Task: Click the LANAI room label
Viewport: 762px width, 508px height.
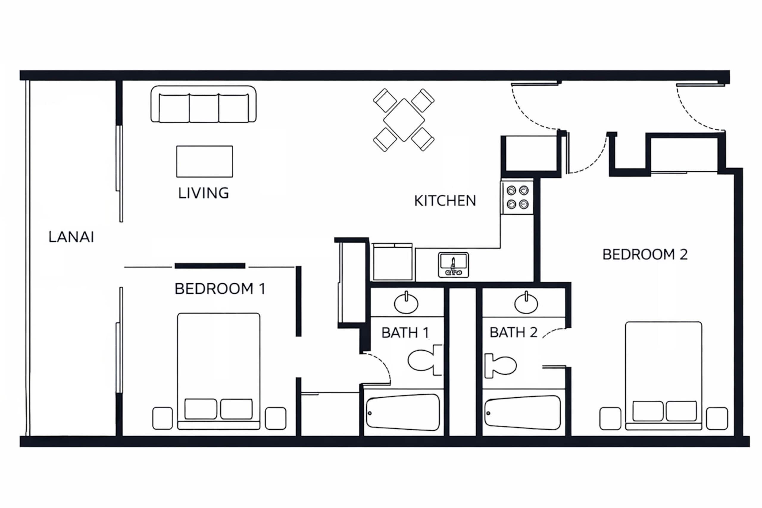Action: [71, 237]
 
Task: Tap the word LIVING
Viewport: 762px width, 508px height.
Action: [204, 193]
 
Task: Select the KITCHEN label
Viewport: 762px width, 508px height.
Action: [445, 201]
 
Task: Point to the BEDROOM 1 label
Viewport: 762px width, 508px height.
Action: [220, 289]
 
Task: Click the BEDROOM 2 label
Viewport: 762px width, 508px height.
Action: [645, 255]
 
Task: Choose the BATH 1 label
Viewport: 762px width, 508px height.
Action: [405, 333]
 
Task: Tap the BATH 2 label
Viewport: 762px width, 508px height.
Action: [513, 332]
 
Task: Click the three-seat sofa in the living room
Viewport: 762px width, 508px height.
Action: [204, 104]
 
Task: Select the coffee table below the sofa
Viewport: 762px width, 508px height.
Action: [204, 161]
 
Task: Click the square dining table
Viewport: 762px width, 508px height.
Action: [404, 120]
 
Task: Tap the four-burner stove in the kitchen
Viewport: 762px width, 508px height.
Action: [517, 197]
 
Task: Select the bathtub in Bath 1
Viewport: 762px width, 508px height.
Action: [403, 412]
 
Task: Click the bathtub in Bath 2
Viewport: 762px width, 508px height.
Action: [523, 413]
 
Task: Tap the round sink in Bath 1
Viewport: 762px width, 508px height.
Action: [406, 303]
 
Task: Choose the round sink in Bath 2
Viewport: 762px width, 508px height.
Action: [526, 303]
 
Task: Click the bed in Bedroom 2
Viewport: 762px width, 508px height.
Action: [663, 376]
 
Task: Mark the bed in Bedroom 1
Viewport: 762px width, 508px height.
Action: [219, 371]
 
